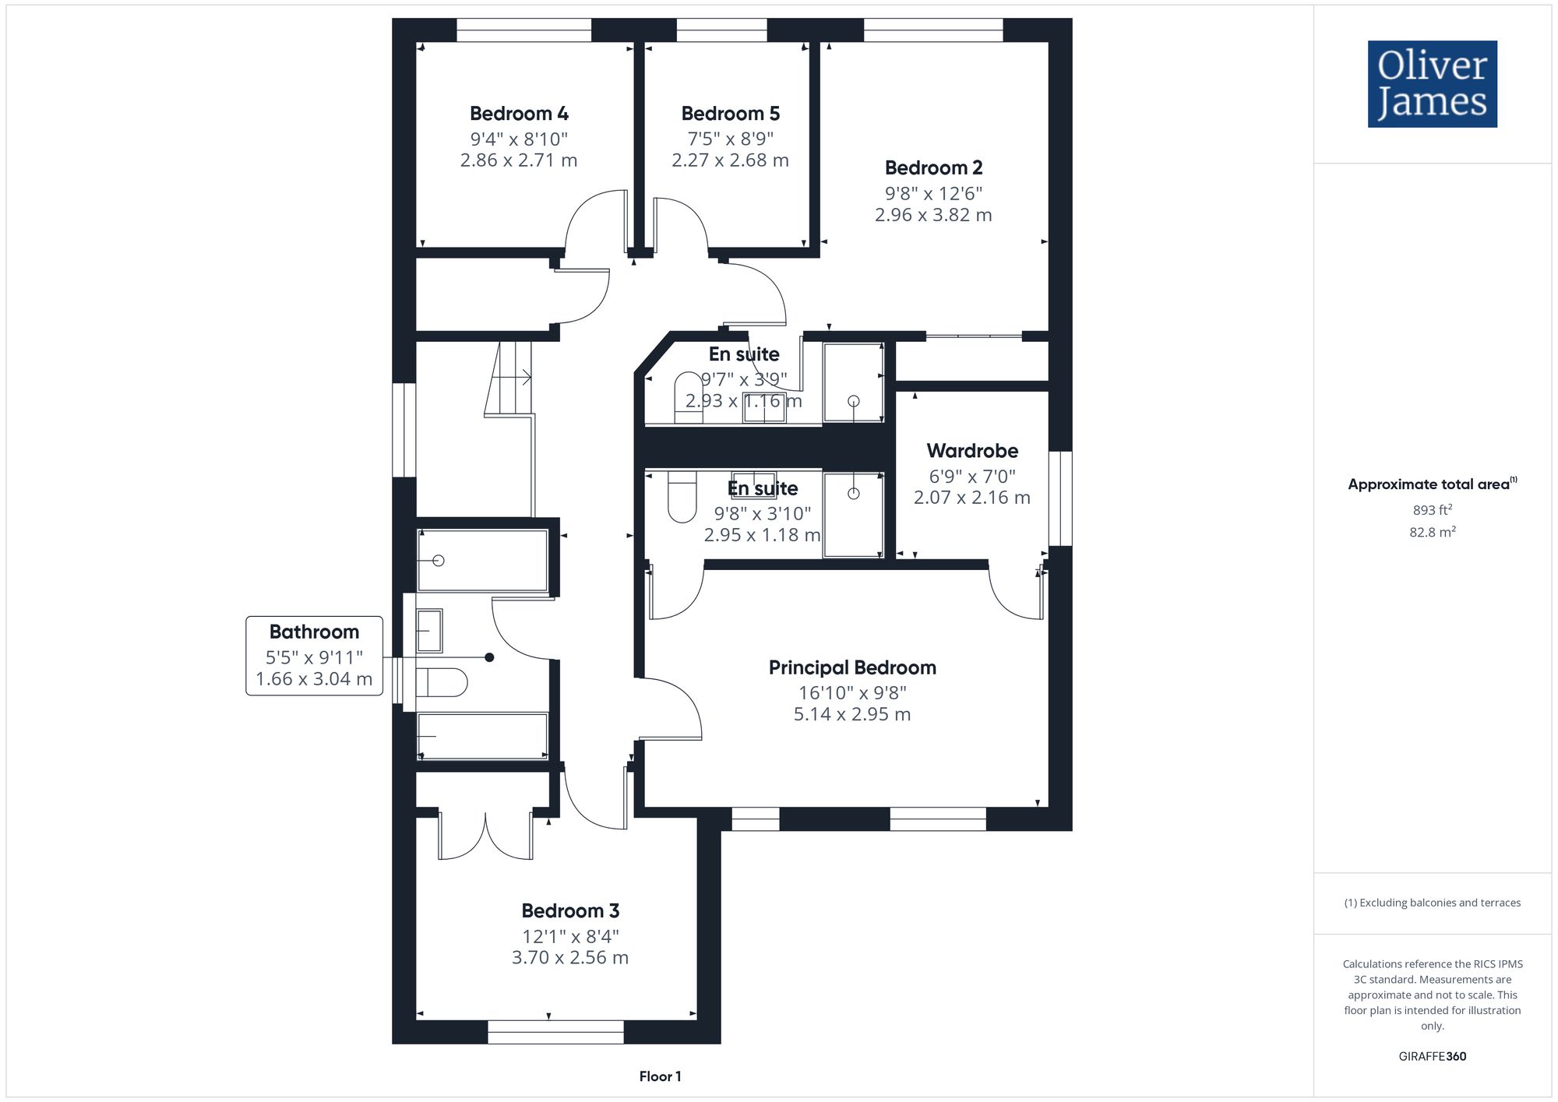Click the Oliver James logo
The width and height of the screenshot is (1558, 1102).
pyautogui.click(x=1432, y=84)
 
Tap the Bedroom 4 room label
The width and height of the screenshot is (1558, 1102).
pyautogui.click(x=519, y=114)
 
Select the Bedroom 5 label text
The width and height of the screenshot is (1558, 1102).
pyautogui.click(x=730, y=114)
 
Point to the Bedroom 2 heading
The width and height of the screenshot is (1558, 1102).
pyautogui.click(x=933, y=168)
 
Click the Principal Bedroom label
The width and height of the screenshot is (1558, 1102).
pyautogui.click(x=852, y=668)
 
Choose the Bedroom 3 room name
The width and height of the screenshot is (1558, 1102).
pyautogui.click(x=570, y=911)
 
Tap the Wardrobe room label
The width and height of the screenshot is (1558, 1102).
pyautogui.click(x=972, y=451)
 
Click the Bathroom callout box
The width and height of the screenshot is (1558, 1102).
pyautogui.click(x=314, y=656)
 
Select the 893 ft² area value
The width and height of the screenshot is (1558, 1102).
pyautogui.click(x=1433, y=510)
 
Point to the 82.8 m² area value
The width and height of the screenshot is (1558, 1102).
pyautogui.click(x=1433, y=533)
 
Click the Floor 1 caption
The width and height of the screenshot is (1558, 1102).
pyautogui.click(x=660, y=1076)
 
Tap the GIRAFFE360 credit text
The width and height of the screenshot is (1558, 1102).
pyautogui.click(x=1432, y=1057)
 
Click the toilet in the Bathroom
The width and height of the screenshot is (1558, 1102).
pyautogui.click(x=442, y=683)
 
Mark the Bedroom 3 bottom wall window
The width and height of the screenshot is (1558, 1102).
pyautogui.click(x=555, y=1033)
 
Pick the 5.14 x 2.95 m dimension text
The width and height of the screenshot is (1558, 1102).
pyautogui.click(x=852, y=715)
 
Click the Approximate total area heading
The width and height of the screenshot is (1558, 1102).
pyautogui.click(x=1433, y=484)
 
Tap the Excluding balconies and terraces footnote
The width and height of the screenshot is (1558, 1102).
pyautogui.click(x=1432, y=903)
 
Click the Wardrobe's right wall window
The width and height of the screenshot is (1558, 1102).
pyautogui.click(x=1060, y=498)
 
